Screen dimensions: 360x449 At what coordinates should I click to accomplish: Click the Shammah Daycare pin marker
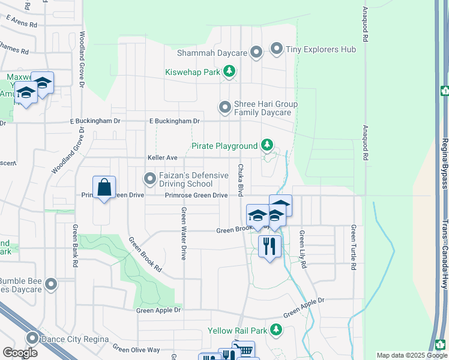click(256, 53)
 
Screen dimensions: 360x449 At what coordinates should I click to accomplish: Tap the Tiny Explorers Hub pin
click(277, 49)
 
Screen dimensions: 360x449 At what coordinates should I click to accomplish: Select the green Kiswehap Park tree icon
click(229, 72)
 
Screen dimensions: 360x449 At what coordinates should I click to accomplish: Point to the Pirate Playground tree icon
click(267, 145)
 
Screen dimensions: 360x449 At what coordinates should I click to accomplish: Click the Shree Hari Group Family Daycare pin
click(225, 107)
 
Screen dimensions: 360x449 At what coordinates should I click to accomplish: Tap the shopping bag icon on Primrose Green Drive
click(104, 188)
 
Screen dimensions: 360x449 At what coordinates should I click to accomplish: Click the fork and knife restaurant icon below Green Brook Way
click(270, 245)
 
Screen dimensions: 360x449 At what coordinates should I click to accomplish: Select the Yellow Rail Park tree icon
click(276, 329)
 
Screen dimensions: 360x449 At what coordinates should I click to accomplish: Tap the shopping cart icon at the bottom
click(244, 350)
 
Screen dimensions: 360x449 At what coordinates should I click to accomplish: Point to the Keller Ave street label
click(163, 158)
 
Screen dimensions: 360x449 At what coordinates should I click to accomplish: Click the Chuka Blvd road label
click(240, 181)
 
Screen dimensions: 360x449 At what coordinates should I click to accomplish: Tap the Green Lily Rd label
click(304, 249)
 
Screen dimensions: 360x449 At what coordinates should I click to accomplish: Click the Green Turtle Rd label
click(354, 247)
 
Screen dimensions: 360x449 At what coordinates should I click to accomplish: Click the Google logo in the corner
click(20, 353)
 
